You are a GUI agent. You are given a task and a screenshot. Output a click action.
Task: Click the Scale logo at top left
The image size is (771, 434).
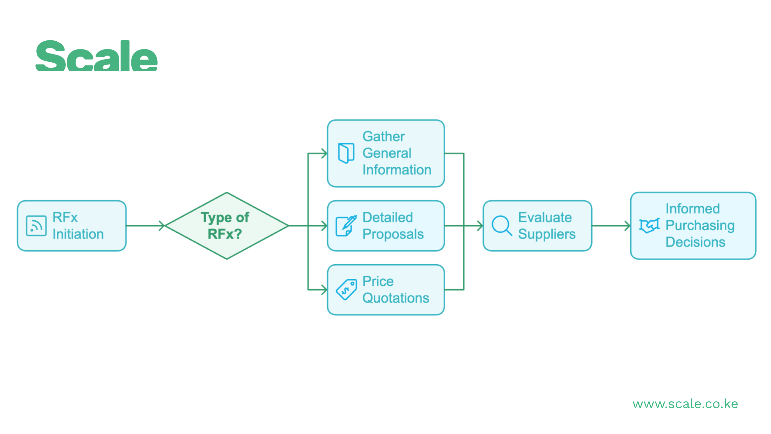pos(97,56)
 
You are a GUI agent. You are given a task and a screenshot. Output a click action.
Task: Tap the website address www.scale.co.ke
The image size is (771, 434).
pos(685,404)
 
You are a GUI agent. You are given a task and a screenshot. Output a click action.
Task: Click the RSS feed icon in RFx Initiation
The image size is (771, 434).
pos(36,226)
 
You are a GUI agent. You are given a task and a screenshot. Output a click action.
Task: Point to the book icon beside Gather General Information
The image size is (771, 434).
pos(346,153)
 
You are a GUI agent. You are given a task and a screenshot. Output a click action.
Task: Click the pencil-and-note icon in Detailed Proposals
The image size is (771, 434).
pos(346,226)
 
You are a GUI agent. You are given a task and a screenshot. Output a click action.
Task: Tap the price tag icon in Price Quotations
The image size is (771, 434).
pos(346,290)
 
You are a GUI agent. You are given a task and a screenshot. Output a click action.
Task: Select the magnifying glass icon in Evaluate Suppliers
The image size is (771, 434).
pos(501,226)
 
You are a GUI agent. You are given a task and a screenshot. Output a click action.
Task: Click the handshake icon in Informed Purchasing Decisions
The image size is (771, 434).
pos(649,226)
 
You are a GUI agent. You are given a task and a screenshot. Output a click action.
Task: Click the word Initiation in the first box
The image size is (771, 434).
pos(78,234)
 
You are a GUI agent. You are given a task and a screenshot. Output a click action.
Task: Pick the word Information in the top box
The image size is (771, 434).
pos(397,170)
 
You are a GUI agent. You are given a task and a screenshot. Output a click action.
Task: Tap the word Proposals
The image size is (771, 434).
pos(393,234)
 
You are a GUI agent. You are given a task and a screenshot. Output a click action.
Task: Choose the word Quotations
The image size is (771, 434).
pos(396,298)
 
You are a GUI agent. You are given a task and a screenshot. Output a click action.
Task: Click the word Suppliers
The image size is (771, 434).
pos(546,234)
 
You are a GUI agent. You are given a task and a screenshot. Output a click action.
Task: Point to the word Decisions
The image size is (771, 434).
pos(695,242)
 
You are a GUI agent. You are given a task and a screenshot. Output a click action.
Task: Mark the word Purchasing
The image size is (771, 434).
pos(700,226)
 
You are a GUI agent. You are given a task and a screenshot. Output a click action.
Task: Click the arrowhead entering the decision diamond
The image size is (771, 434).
pos(162,226)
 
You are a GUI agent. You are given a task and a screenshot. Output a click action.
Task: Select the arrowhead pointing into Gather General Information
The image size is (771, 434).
pos(324,153)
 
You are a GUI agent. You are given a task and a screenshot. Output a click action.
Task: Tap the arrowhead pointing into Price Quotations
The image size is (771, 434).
pos(324,290)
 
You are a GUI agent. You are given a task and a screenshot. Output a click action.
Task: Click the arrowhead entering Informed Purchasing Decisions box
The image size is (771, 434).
pos(628,226)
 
